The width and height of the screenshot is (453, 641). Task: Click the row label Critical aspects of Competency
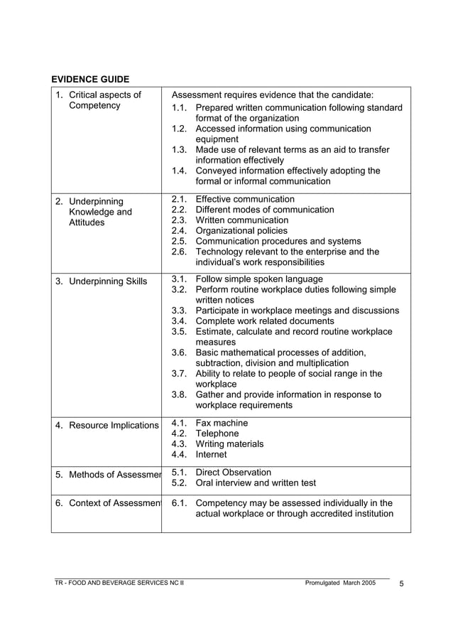click(99, 100)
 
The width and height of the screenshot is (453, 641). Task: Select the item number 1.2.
click(179, 129)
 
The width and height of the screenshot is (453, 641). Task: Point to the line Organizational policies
click(241, 230)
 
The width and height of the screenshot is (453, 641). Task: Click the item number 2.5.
click(179, 241)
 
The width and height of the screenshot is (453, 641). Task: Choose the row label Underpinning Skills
click(101, 281)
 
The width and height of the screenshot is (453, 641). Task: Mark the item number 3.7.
click(179, 374)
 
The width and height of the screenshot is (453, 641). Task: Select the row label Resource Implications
click(107, 426)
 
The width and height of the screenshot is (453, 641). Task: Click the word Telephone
click(217, 433)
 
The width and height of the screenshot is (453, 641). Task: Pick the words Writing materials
click(229, 444)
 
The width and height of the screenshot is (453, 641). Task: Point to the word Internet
click(211, 455)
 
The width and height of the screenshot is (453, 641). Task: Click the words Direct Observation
click(233, 472)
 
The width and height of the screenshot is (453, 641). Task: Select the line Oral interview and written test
click(256, 483)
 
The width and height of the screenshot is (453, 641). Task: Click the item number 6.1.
click(179, 503)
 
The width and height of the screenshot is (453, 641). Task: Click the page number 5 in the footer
click(402, 584)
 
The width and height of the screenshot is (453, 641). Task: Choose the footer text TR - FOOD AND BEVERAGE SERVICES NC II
click(119, 583)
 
